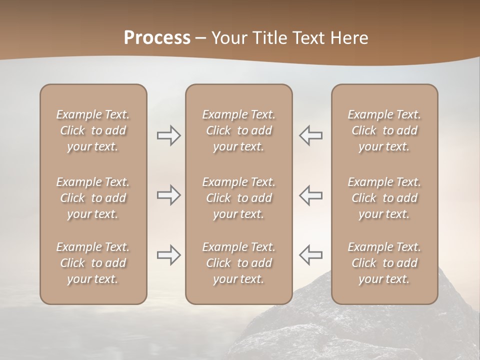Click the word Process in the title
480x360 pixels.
[157, 38]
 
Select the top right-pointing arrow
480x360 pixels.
[169, 135]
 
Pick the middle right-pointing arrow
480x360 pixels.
[169, 195]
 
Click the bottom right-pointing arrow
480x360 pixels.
[169, 255]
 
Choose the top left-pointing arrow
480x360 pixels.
[310, 135]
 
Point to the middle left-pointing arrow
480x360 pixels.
[310, 195]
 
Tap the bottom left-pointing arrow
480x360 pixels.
[310, 255]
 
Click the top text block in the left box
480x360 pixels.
[93, 130]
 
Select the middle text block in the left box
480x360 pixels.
[93, 198]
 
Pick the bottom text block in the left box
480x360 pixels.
[93, 263]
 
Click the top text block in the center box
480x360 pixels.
[238, 130]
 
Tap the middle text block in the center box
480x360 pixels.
[238, 198]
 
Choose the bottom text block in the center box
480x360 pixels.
[238, 263]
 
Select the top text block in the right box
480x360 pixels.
[384, 130]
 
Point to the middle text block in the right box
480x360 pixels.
[384, 198]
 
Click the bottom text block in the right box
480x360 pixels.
[384, 263]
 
